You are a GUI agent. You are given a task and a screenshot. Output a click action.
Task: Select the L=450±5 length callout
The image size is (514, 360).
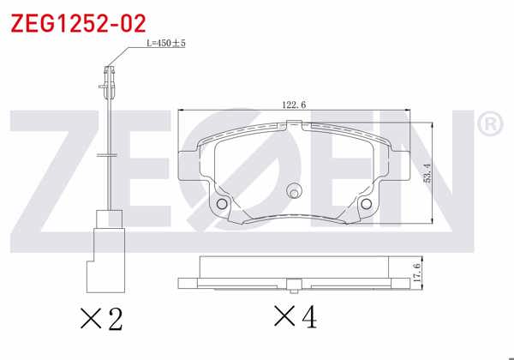[x=166, y=42]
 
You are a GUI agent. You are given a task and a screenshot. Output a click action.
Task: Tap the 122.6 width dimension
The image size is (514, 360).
[x=294, y=105]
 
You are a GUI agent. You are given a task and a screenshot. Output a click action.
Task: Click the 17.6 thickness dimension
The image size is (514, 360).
[x=417, y=271]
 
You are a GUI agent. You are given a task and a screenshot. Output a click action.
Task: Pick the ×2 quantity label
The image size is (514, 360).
[x=101, y=320]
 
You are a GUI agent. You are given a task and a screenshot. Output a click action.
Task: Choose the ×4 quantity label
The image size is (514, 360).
[x=295, y=318]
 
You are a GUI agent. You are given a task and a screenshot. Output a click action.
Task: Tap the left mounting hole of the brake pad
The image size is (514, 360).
[x=222, y=204]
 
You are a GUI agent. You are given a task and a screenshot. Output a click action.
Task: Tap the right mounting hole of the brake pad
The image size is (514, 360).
[x=365, y=204]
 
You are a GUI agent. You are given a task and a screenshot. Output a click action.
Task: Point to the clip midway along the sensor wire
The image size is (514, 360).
[x=107, y=155]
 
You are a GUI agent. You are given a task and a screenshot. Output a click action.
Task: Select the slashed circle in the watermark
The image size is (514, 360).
[x=261, y=171]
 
